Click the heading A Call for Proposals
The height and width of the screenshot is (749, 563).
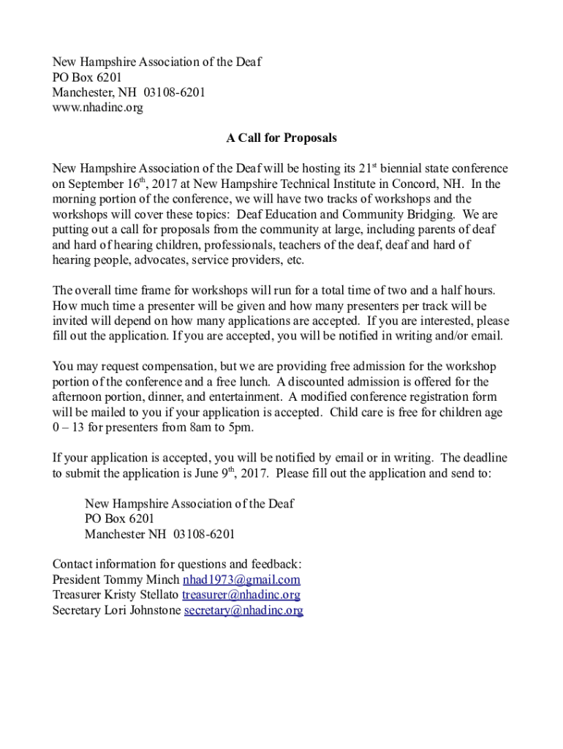pos(281,138)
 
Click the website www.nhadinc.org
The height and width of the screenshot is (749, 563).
pos(97,108)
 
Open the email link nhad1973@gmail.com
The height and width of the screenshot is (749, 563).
pos(241,580)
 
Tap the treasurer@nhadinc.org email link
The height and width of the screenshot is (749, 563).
pos(241,595)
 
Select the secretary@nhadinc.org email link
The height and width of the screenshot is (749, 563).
pos(243,610)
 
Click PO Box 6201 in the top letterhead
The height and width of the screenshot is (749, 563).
pos(87,77)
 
